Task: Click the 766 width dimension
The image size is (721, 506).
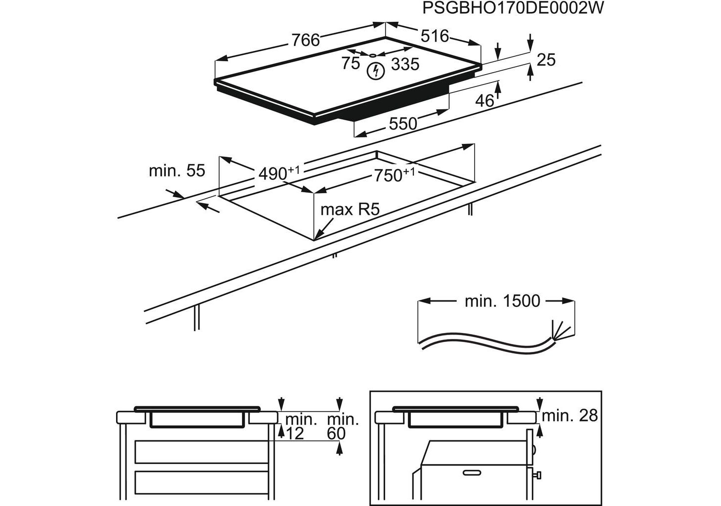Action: (306, 40)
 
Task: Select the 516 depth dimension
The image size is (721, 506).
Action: (435, 36)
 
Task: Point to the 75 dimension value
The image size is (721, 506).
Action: (351, 63)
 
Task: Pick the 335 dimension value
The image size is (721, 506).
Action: (405, 64)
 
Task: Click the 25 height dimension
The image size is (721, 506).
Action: (546, 60)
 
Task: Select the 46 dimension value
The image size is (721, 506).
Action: (484, 101)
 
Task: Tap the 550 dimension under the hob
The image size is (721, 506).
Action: (403, 124)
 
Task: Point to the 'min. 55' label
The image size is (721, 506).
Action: (177, 171)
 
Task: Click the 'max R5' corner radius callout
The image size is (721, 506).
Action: (350, 209)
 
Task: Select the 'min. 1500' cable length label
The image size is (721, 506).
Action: (502, 301)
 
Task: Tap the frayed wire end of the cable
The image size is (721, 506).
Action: (561, 331)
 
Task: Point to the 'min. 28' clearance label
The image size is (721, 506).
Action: (569, 416)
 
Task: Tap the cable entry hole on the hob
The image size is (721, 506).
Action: (373, 55)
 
